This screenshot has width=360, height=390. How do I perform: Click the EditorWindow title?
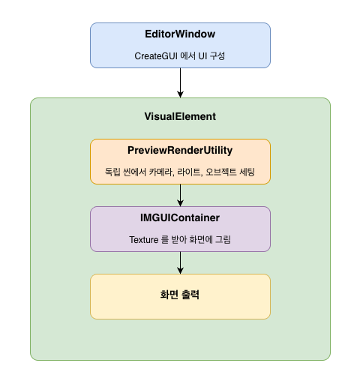coord(180,34)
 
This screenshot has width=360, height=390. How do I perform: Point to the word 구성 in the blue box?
coord(217,55)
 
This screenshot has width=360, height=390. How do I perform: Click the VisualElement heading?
coord(180,116)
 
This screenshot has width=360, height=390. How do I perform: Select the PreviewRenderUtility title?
coord(180,150)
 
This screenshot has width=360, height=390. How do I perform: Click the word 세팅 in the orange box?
coord(247,172)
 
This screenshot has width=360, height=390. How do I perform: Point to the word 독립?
coord(112,172)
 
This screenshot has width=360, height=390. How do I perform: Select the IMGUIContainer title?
coord(180,217)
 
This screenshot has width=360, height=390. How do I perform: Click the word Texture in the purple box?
coord(144,240)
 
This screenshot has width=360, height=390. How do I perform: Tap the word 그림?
coord(223,239)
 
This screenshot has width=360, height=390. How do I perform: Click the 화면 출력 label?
coord(180,295)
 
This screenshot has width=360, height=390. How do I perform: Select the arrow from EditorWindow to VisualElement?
coord(180,82)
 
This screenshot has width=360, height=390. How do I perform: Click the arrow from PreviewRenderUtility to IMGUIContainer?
coord(180,196)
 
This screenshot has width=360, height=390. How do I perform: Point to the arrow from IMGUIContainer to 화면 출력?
coord(180,263)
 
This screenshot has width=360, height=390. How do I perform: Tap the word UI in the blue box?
coord(202,56)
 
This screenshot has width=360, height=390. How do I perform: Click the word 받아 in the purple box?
coord(179,239)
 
